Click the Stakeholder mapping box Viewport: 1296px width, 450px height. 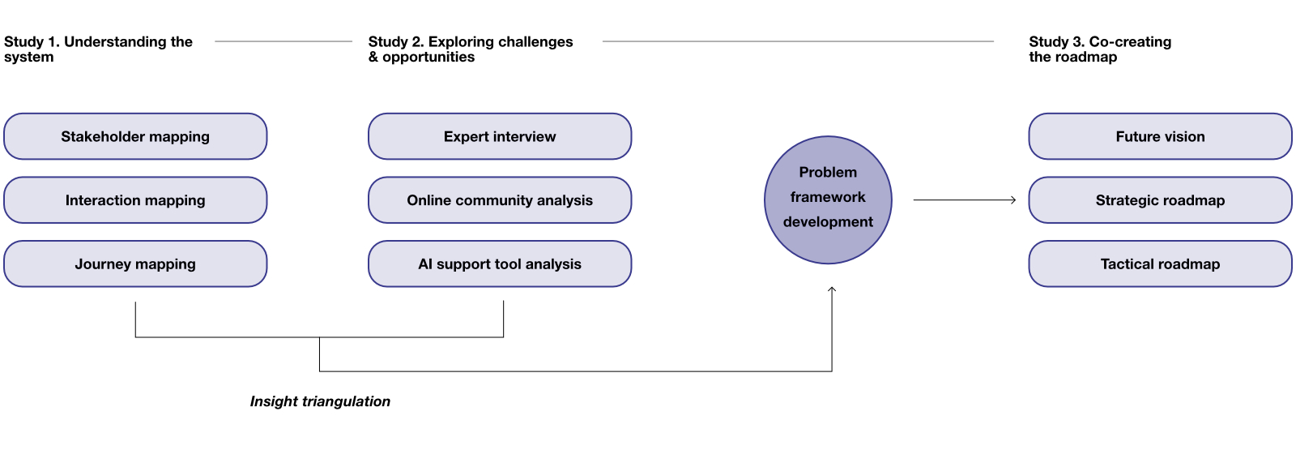pyautogui.click(x=135, y=136)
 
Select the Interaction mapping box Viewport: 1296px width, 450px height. pyautogui.click(x=135, y=200)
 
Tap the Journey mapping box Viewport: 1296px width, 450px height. pyautogui.click(x=135, y=264)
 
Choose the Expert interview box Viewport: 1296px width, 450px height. pyautogui.click(x=500, y=136)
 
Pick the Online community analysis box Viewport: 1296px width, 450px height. pyautogui.click(x=500, y=200)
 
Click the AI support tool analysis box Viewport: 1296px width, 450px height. pyautogui.click(x=500, y=264)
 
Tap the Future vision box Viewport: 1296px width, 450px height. pyautogui.click(x=1160, y=136)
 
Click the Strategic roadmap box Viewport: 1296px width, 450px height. pyautogui.click(x=1160, y=200)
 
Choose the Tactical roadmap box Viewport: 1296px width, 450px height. pyautogui.click(x=1160, y=264)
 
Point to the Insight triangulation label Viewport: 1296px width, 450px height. pyautogui.click(x=320, y=401)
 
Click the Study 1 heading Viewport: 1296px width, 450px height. pyautogui.click(x=98, y=49)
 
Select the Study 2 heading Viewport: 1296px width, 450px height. pyautogui.click(x=471, y=49)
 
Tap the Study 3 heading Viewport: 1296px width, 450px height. pyautogui.click(x=1100, y=49)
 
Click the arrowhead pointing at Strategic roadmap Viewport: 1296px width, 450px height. pyautogui.click(x=1013, y=200)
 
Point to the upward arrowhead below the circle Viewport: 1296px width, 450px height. pyautogui.click(x=832, y=289)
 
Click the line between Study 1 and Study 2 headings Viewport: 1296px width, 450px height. pyautogui.click(x=283, y=41)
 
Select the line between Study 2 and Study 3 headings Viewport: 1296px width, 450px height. pyautogui.click(x=798, y=41)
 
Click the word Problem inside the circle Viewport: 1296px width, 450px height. pyautogui.click(x=828, y=172)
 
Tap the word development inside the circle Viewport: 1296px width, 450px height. pyautogui.click(x=828, y=221)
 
